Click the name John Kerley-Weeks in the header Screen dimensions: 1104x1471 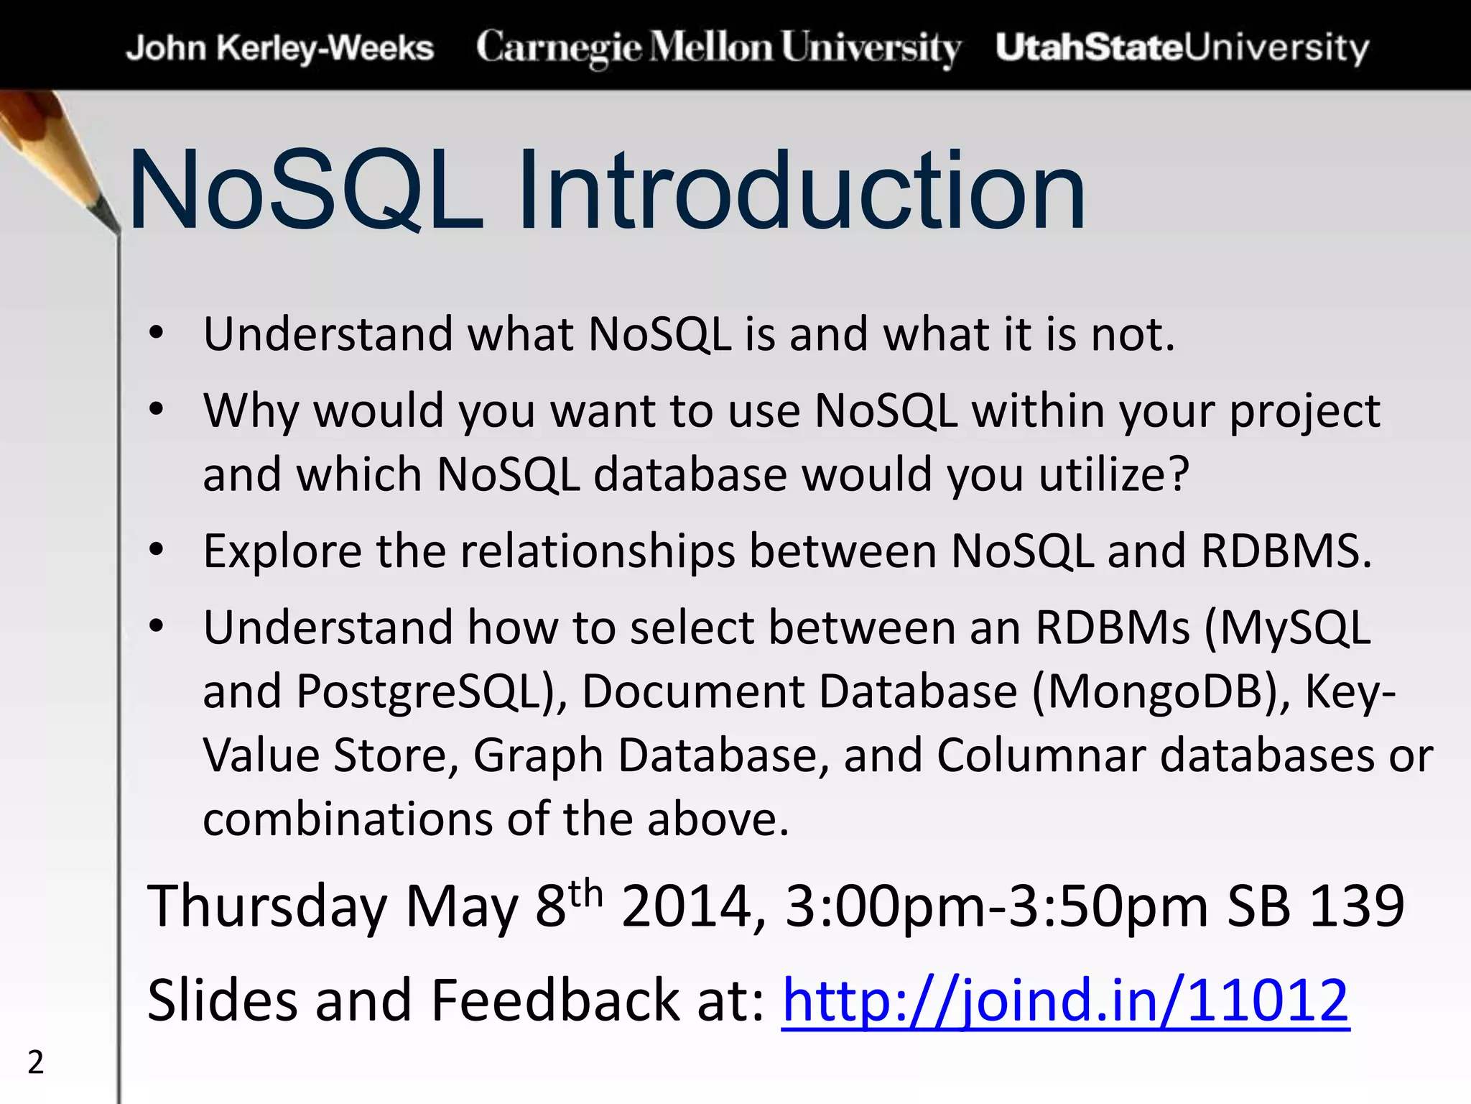pos(279,48)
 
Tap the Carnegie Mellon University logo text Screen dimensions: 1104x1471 pos(718,48)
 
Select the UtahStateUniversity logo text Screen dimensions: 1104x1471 pos(1182,48)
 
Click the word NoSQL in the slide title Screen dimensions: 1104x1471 pos(305,190)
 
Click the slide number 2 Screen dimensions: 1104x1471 pos(35,1062)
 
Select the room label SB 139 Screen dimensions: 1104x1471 pos(1315,906)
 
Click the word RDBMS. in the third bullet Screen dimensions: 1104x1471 pos(1286,552)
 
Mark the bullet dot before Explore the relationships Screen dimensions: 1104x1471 pos(157,551)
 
